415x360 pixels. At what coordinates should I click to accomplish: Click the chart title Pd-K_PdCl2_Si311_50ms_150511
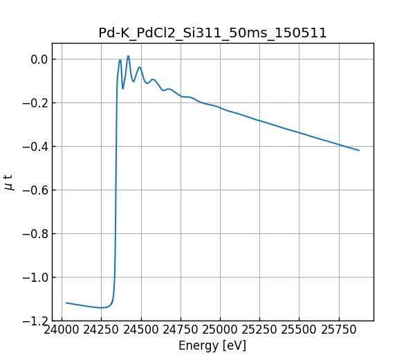(x=212, y=33)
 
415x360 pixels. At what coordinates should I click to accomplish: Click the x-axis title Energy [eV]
(x=212, y=345)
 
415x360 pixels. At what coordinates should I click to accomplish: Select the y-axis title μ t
(x=9, y=182)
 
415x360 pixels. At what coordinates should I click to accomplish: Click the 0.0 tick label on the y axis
(x=39, y=59)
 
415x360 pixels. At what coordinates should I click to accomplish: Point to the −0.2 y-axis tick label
(x=35, y=102)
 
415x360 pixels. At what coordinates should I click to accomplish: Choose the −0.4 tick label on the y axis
(x=35, y=146)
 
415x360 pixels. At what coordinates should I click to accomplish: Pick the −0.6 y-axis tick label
(x=35, y=190)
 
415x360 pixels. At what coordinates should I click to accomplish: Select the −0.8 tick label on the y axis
(x=35, y=233)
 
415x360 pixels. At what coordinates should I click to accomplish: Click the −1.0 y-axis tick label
(x=35, y=277)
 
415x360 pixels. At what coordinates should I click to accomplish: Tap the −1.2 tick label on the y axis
(x=35, y=321)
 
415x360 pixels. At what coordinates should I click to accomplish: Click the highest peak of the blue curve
(x=128, y=56)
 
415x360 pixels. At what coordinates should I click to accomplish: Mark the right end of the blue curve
(x=359, y=150)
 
